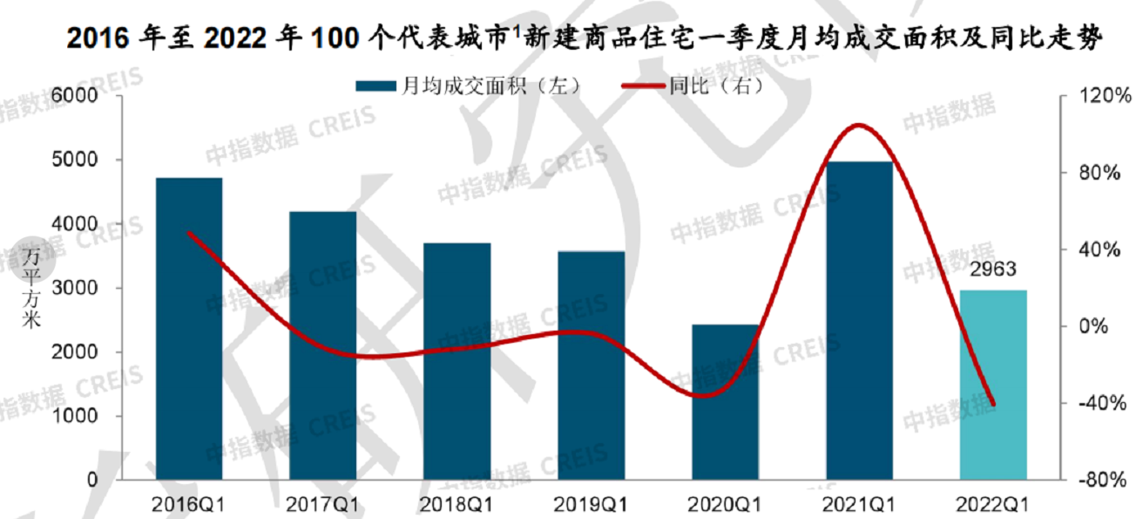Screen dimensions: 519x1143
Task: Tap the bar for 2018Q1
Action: (x=457, y=361)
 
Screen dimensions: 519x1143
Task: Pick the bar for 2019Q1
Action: (x=592, y=365)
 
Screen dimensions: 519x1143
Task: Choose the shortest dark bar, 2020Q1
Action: (x=725, y=402)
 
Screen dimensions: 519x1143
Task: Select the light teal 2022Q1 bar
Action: (x=993, y=385)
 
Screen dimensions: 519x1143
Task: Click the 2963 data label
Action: (x=993, y=270)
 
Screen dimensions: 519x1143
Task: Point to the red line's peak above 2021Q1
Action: (x=859, y=126)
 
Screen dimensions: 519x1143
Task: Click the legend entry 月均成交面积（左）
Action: (x=467, y=85)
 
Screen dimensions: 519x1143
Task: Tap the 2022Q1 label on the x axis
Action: (x=993, y=504)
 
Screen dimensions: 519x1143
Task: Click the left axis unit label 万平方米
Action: (x=31, y=288)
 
